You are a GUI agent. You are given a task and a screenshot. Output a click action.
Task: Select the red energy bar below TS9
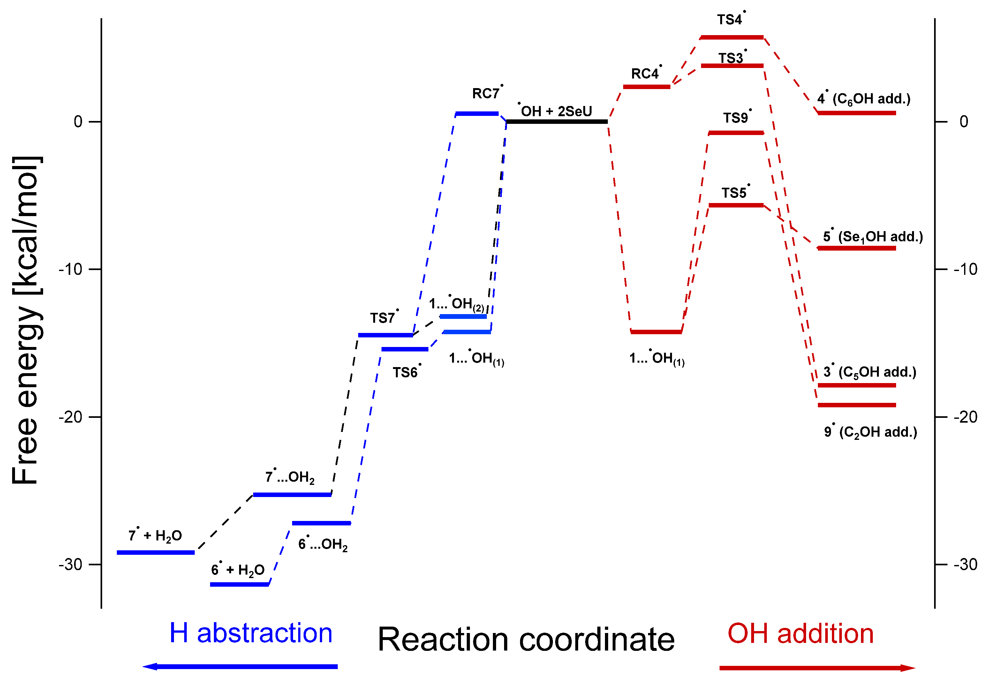(736, 133)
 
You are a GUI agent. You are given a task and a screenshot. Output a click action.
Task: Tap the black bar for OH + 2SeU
(557, 122)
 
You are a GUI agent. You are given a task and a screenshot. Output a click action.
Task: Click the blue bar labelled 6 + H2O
(240, 584)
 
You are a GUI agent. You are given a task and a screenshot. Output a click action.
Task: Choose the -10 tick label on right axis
(965, 269)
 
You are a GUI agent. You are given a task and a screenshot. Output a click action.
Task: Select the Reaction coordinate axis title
(526, 639)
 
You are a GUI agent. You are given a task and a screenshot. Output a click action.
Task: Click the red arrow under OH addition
(817, 668)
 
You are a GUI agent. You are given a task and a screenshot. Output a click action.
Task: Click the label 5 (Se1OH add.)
(873, 237)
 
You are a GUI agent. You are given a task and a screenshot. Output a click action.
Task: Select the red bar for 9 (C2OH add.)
(857, 405)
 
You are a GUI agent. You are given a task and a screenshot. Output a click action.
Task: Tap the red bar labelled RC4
(646, 87)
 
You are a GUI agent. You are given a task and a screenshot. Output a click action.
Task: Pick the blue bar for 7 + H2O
(156, 553)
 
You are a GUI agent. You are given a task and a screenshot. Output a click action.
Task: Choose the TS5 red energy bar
(736, 205)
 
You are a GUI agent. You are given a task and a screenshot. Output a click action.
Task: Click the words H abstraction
(251, 633)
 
